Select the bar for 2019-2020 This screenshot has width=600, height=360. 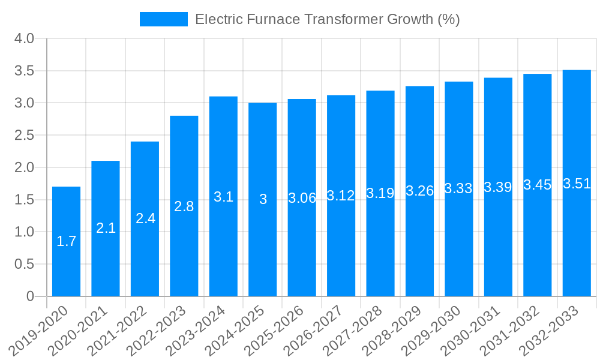coord(66,241)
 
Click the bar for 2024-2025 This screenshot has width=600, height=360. coord(263,199)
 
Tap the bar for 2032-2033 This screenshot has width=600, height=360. coord(577,183)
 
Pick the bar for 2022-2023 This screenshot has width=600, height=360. coord(184,206)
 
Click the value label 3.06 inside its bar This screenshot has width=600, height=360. coord(302,198)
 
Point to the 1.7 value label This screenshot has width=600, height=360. coord(66,241)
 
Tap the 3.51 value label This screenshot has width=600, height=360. coord(577,184)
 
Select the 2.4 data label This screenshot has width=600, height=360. coord(145,218)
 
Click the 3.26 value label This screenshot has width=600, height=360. coord(419,191)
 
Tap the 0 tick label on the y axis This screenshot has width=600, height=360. coord(31,296)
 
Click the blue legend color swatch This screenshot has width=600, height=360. coord(163,19)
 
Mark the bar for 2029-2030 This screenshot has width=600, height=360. coord(459,188)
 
